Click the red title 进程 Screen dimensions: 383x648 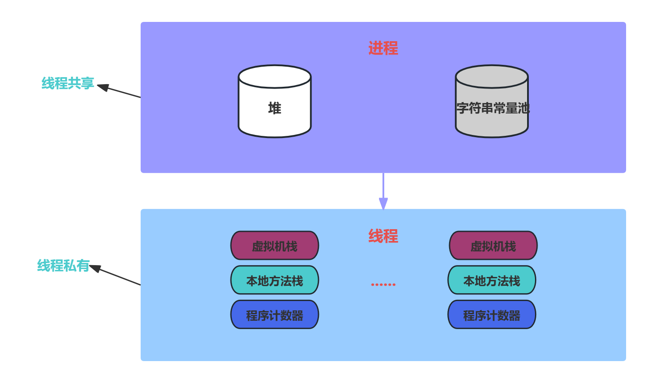click(383, 48)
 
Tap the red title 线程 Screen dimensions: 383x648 click(383, 236)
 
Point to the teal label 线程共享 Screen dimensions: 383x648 click(67, 83)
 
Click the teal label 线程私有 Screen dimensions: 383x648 click(63, 266)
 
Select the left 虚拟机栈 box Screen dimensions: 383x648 click(275, 246)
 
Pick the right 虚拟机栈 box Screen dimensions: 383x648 click(493, 246)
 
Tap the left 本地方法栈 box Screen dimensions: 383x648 click(275, 280)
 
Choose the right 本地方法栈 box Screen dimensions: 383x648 click(492, 280)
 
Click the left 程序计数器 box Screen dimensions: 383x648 click(275, 315)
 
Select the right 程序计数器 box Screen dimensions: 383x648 click(492, 315)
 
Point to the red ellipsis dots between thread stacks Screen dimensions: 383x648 click(383, 284)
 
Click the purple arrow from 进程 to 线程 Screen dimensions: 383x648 click(383, 186)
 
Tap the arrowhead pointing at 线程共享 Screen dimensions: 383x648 click(103, 87)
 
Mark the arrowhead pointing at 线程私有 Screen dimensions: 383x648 click(95, 268)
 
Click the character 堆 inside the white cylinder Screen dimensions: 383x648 click(275, 108)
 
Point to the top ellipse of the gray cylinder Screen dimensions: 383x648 click(492, 77)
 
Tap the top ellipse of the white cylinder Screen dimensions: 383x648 click(275, 77)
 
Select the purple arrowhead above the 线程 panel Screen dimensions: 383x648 click(383, 204)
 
